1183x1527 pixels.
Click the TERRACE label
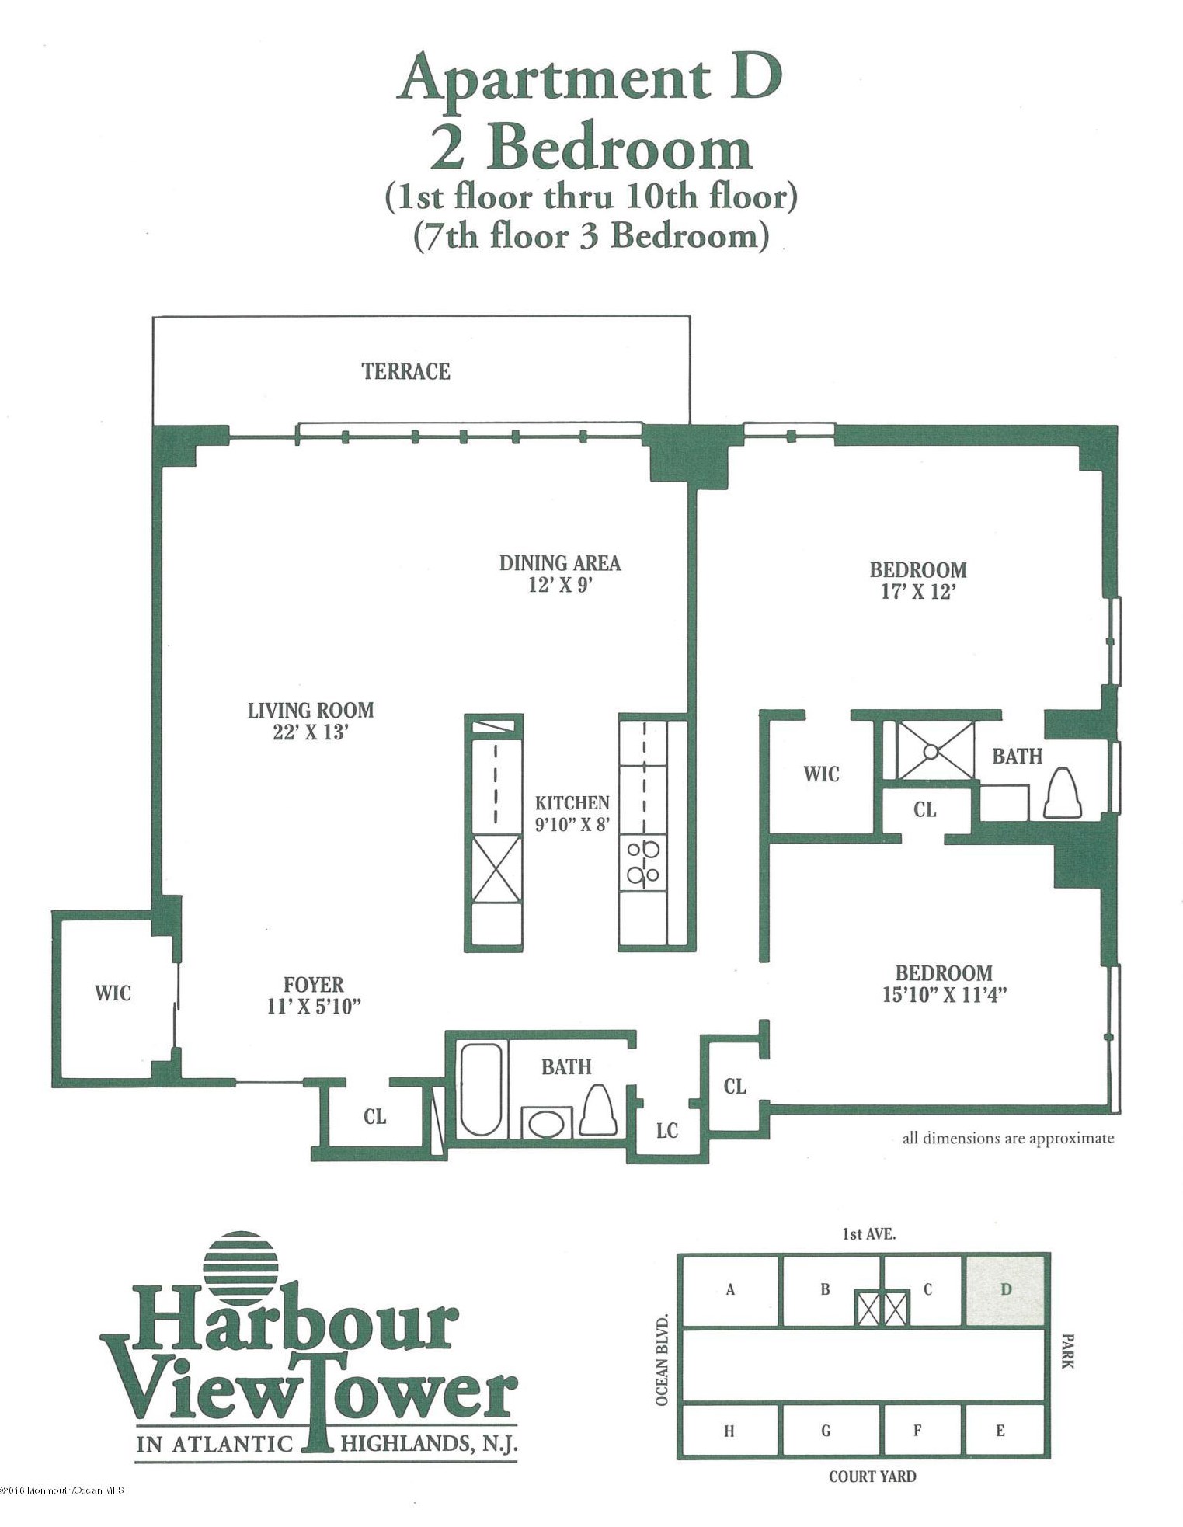[405, 371]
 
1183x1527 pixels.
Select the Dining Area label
[560, 563]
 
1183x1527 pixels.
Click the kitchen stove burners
[643, 862]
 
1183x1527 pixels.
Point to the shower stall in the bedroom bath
[935, 750]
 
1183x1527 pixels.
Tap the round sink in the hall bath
[547, 1123]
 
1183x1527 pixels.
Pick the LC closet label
[667, 1131]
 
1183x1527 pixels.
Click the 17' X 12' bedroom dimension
[918, 591]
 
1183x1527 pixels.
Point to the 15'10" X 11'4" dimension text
[945, 995]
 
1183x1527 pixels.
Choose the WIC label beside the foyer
[113, 993]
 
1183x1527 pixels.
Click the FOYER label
[313, 985]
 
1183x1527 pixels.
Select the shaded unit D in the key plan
[1005, 1289]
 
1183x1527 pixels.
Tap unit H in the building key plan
[729, 1431]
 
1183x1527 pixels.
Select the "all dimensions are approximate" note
[1008, 1139]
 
